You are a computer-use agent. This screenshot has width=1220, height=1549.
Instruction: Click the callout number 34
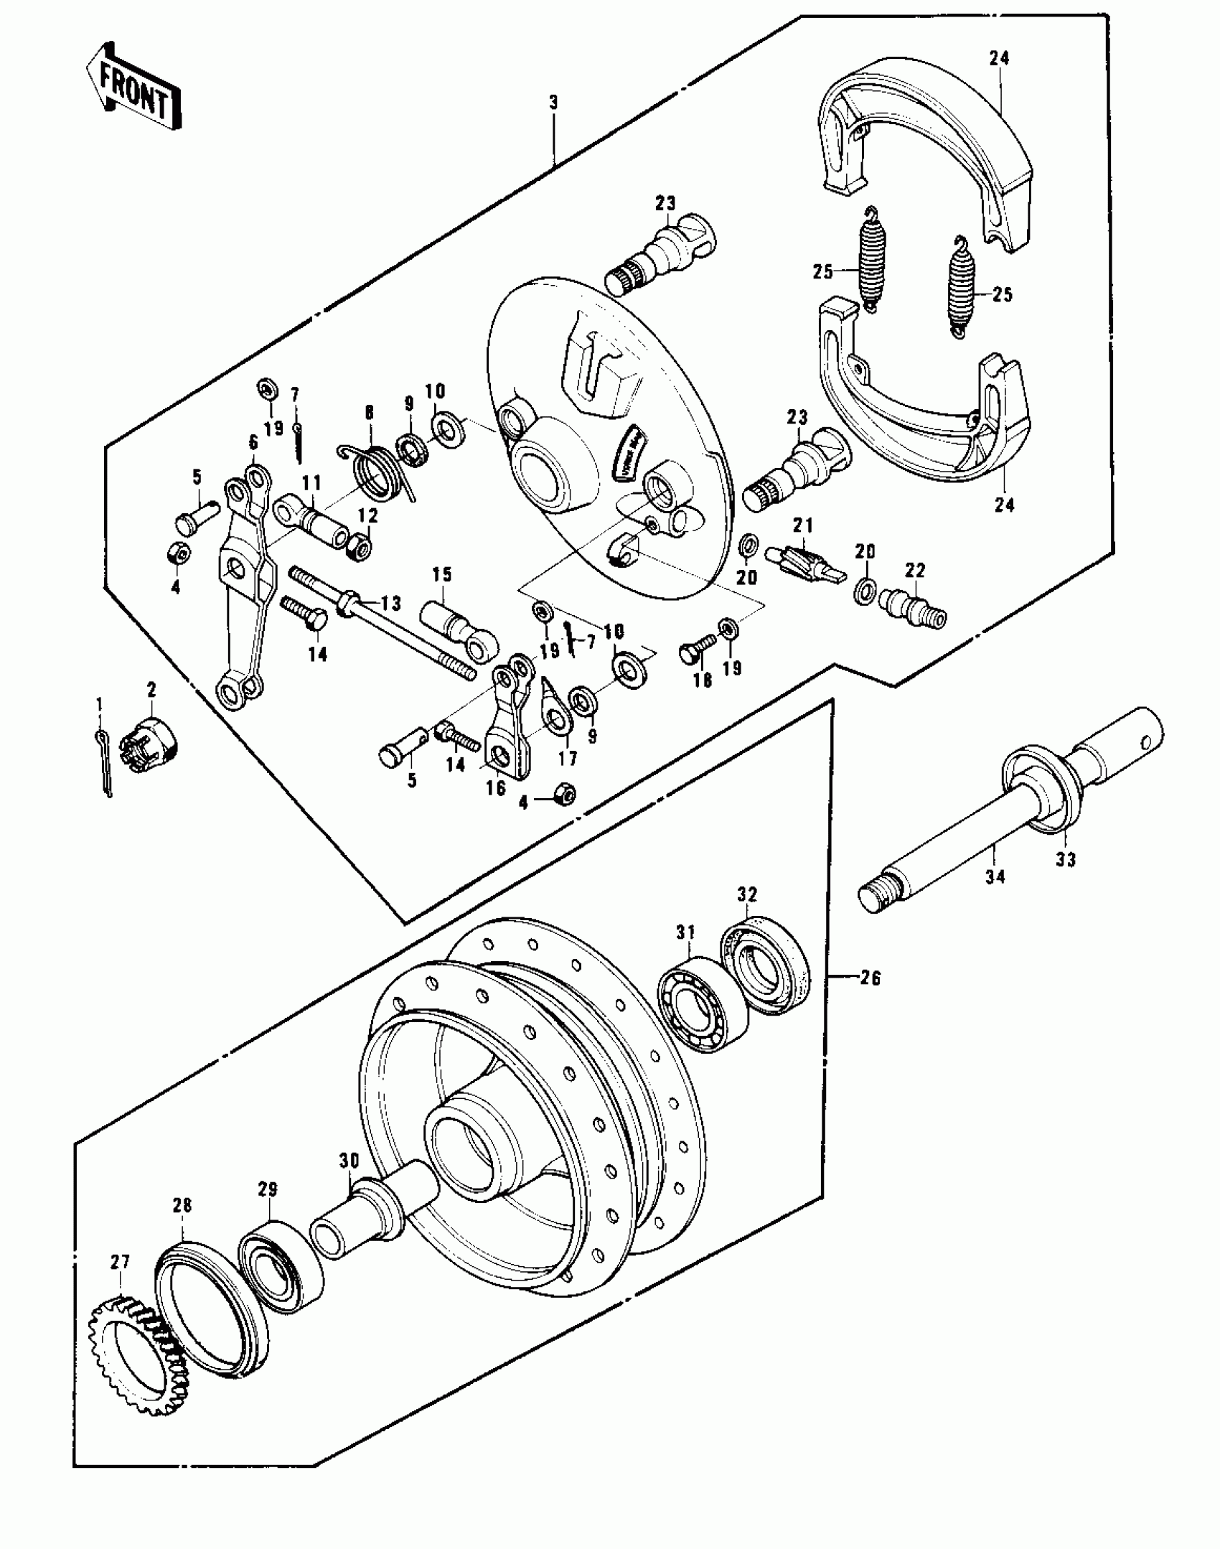tap(995, 876)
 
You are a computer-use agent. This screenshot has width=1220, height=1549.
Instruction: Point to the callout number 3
tap(553, 103)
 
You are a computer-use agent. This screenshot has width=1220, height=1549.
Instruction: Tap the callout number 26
tap(870, 978)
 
